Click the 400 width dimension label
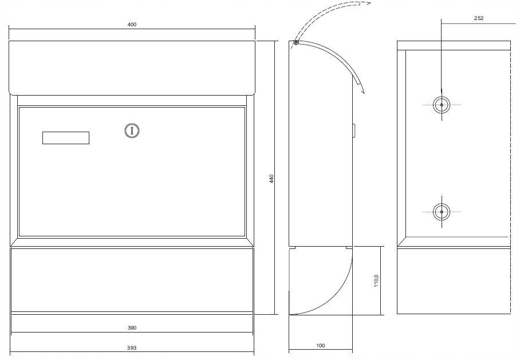coord(132,25)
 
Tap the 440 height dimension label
coord(272,179)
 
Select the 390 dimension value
coord(132,328)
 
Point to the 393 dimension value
coord(132,347)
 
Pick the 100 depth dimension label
coord(320,346)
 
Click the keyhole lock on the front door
coord(132,131)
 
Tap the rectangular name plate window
coord(66,137)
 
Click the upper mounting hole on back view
coord(442,105)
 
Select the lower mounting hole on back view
coord(442,212)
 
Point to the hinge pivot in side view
coord(296,42)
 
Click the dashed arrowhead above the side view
coord(369,3)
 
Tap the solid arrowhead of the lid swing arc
coord(361,89)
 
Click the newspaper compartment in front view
coord(132,280)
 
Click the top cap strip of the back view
coord(453,45)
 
